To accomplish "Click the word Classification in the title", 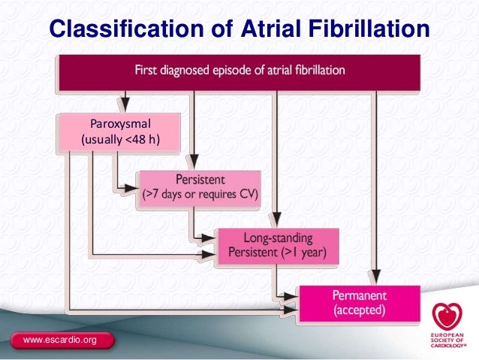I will click(x=117, y=29).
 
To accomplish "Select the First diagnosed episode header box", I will click(x=239, y=72).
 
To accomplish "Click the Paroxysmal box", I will click(x=120, y=132).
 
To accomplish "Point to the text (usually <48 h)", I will click(x=120, y=141).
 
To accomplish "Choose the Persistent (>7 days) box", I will click(x=200, y=187).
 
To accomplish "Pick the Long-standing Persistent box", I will click(x=277, y=246).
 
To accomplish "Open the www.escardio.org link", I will click(x=60, y=341).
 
